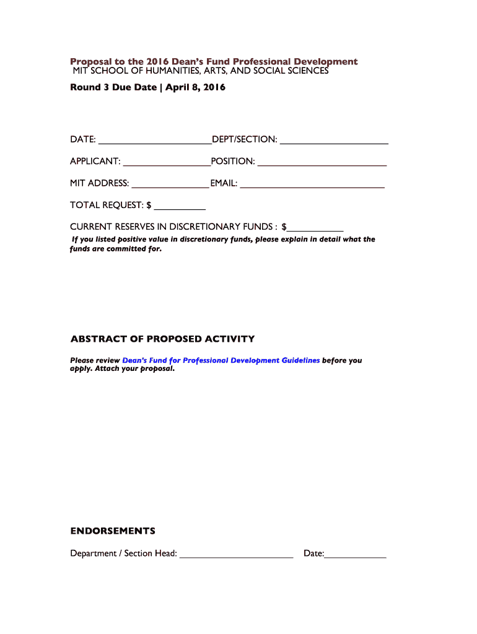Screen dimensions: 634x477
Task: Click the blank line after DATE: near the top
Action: [154, 140]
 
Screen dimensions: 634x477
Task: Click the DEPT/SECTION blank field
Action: [334, 140]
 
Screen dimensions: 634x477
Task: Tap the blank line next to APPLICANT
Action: [167, 162]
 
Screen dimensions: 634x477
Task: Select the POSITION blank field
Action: [322, 162]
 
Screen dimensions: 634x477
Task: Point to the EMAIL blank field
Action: [312, 184]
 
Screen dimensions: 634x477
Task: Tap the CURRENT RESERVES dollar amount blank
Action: [315, 227]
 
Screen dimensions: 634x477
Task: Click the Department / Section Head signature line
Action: [236, 554]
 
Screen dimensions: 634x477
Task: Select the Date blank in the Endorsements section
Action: [355, 554]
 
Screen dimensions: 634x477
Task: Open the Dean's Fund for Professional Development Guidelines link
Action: [221, 360]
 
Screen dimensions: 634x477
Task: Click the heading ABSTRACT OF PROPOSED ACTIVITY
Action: [162, 339]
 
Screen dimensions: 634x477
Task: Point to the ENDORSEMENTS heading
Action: [113, 531]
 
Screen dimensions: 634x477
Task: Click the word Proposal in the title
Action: [89, 62]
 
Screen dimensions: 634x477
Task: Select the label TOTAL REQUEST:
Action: [107, 205]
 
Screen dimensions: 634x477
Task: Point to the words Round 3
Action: [89, 87]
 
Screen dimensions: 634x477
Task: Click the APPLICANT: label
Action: [95, 162]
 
